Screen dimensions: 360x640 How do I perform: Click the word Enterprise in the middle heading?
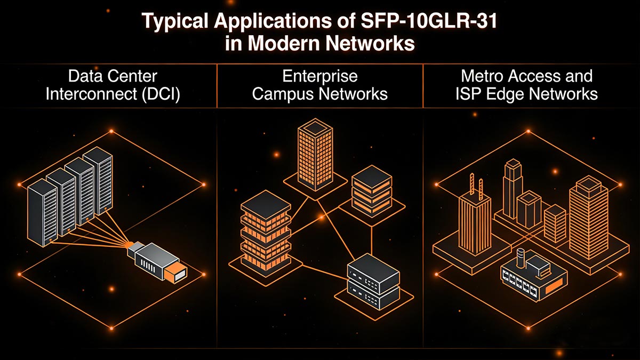(x=319, y=76)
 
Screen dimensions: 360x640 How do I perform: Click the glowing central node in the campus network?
(x=321, y=217)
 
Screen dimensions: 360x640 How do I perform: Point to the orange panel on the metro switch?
(x=555, y=289)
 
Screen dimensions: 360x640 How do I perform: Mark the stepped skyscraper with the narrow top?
(x=512, y=187)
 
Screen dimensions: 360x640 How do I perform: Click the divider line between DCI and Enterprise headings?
(x=217, y=85)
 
